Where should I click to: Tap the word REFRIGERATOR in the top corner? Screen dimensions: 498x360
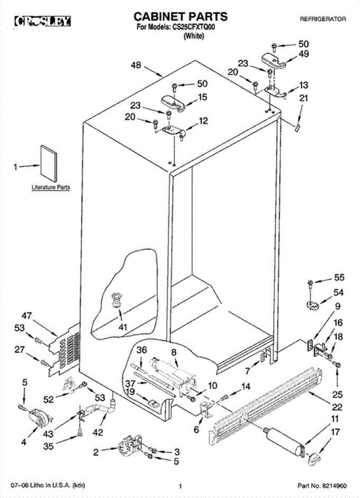pos(323,19)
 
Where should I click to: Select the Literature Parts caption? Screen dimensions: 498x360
pos(51,188)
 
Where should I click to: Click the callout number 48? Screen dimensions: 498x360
pos(136,65)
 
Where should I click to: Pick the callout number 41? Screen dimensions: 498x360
pos(122,327)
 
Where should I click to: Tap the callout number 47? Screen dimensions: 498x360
pos(27,316)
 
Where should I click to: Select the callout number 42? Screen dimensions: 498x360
pos(97,432)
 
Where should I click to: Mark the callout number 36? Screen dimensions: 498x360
pos(142,350)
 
